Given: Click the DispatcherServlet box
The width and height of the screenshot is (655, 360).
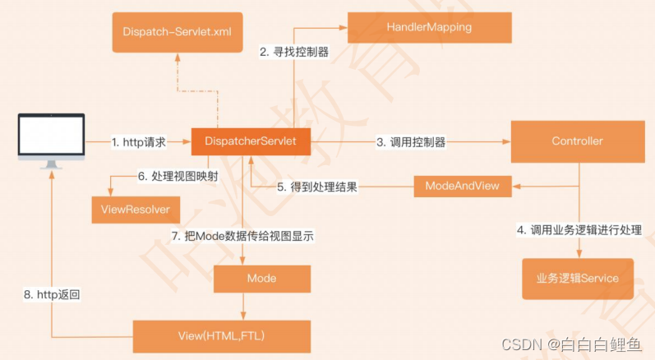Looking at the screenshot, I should click(250, 141).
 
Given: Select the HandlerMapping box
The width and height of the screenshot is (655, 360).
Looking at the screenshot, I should click(430, 27).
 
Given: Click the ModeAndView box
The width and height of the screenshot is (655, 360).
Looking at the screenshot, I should click(462, 186).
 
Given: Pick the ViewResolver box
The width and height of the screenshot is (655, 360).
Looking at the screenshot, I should click(136, 210).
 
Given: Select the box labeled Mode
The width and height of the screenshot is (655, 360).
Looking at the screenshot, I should click(262, 279).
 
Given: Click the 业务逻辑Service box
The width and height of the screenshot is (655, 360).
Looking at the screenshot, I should click(577, 279).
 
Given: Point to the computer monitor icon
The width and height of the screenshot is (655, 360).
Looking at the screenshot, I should click(52, 138).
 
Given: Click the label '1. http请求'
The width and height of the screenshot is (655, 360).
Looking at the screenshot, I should click(139, 142).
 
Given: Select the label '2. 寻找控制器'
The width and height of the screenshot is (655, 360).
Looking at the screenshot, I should click(294, 52).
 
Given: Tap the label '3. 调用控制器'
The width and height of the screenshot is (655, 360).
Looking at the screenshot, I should click(411, 142).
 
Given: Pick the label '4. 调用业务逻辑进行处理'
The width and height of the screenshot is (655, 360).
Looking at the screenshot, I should click(579, 231).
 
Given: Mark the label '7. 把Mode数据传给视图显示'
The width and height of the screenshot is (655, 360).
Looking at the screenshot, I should click(243, 236).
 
